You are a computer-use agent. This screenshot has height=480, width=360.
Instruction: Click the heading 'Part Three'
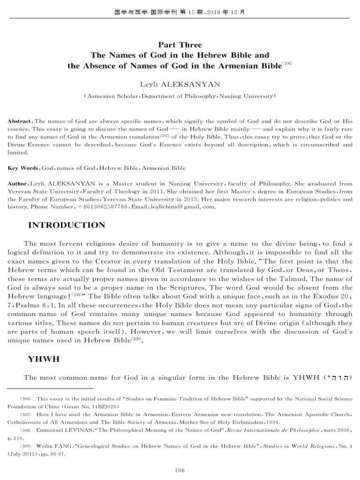pos(180,45)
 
